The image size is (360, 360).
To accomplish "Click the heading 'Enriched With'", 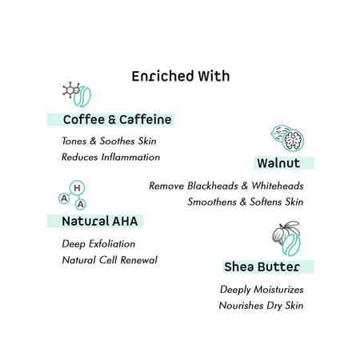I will [x=180, y=77].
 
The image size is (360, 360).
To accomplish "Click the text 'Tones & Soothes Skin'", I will [x=109, y=141].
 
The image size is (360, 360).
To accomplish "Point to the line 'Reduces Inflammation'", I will [x=110, y=157].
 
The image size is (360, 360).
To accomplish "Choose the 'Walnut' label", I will [x=278, y=163].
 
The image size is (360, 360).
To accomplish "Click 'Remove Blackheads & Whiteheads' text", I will [x=226, y=186].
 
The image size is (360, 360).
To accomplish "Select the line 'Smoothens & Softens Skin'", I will [x=246, y=202].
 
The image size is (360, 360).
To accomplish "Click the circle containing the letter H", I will [x=77, y=188].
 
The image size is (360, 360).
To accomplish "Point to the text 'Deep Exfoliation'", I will [x=98, y=243].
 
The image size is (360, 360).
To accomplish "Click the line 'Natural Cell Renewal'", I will [x=110, y=259].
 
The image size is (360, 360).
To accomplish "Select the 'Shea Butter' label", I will [x=262, y=266].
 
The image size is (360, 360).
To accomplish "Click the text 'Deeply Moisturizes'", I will [x=262, y=289].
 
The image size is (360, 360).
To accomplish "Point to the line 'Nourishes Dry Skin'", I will [x=261, y=305].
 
